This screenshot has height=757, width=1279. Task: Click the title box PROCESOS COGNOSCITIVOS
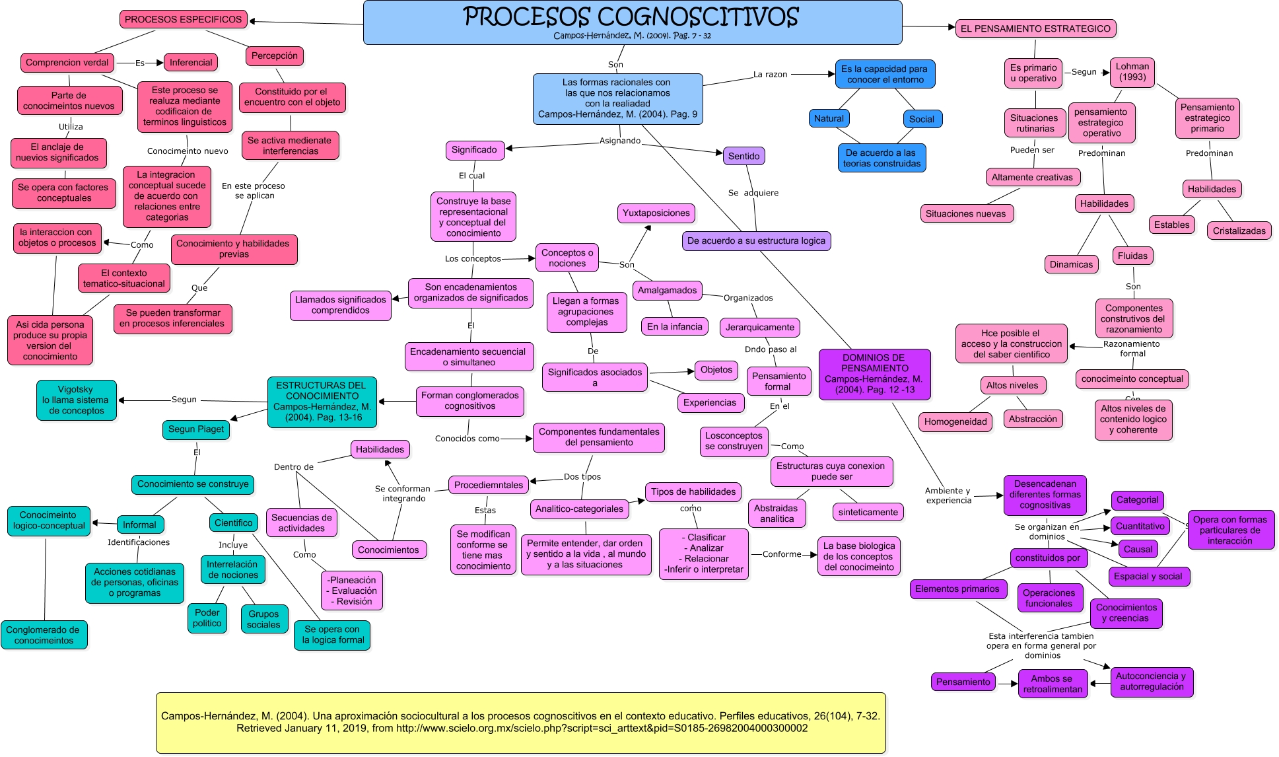tap(632, 22)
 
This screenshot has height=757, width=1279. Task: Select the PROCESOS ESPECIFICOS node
tap(183, 19)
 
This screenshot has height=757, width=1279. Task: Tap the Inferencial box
tap(191, 63)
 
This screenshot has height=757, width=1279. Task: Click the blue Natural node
tap(829, 118)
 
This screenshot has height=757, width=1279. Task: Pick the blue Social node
tap(921, 119)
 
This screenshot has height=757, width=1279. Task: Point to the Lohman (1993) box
tap(1132, 72)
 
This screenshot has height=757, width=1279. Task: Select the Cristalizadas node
tap(1239, 231)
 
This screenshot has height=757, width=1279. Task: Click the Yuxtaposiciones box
tap(656, 213)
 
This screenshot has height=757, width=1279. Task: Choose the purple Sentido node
tap(743, 156)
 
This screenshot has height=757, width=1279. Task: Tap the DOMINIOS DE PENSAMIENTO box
tap(874, 374)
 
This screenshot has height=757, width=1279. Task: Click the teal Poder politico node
tap(207, 618)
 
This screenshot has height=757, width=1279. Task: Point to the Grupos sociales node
tap(263, 619)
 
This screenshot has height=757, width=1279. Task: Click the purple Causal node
tap(1138, 549)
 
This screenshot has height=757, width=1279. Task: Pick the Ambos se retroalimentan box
tap(1052, 684)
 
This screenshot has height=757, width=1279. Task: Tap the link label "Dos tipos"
tap(582, 476)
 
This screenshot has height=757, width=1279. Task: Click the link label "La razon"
tap(770, 75)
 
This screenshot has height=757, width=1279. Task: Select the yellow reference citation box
tap(520, 722)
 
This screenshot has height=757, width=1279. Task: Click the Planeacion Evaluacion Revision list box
tap(351, 591)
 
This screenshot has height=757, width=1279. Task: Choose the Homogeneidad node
tap(955, 421)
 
